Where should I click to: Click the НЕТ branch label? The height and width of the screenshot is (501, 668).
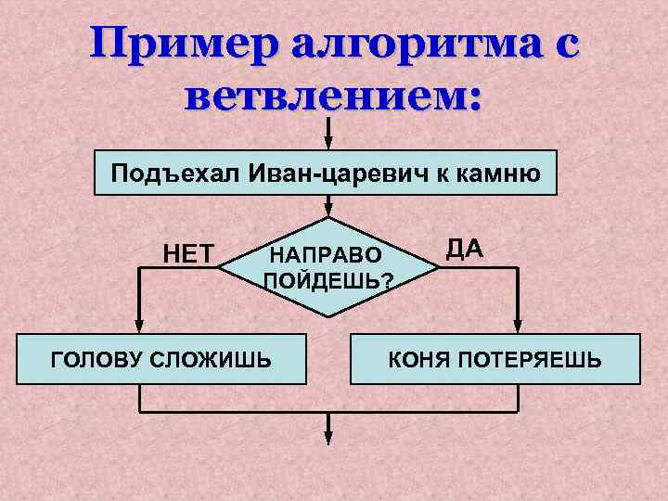point(189,252)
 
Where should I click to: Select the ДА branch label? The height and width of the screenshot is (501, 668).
point(464,249)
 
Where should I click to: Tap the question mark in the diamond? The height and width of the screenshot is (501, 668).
point(386,283)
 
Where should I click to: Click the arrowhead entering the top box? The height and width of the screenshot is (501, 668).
point(327,142)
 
